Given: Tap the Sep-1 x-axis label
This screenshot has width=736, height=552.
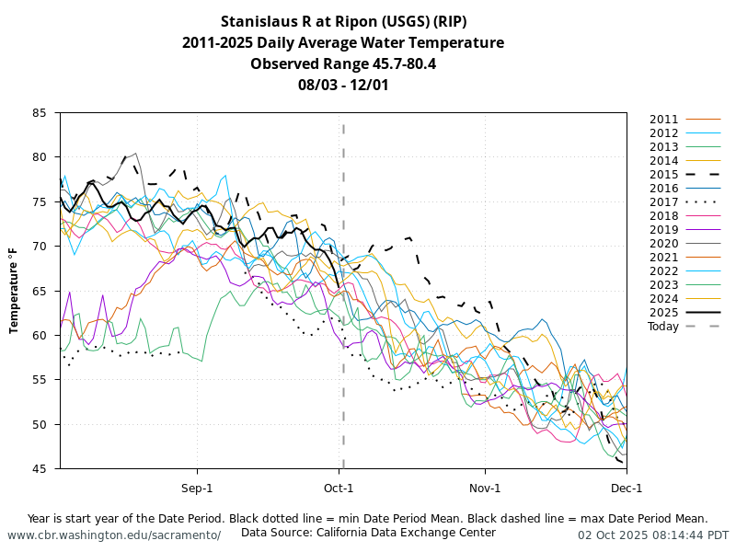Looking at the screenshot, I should click(x=197, y=488).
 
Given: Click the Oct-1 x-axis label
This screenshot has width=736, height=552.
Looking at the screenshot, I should click(x=339, y=488).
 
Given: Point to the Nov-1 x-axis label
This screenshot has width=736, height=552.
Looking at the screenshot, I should click(x=485, y=488).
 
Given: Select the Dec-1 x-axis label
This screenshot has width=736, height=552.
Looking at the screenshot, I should click(x=627, y=488).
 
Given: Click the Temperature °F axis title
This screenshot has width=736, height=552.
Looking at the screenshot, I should click(x=15, y=291).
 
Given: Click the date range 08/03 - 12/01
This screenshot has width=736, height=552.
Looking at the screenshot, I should click(x=343, y=86).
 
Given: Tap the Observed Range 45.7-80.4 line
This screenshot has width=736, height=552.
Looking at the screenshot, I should click(x=343, y=64).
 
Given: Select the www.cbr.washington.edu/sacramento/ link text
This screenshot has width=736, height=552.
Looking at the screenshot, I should click(x=114, y=535).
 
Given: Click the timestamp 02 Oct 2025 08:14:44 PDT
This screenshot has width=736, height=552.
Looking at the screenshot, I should click(x=653, y=535).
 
